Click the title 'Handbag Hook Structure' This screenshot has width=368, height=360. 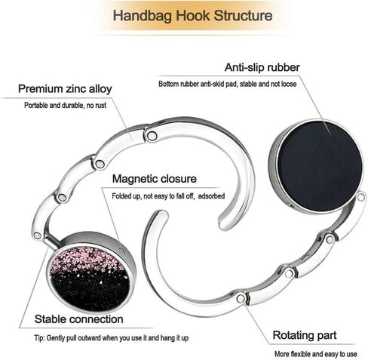(192, 15)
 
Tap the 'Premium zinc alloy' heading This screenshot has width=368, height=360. (65, 89)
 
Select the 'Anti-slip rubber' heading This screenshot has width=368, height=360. (262, 67)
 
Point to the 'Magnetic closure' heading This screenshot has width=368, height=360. (155, 179)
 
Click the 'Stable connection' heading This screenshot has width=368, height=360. (79, 319)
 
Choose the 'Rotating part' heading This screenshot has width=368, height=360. (305, 335)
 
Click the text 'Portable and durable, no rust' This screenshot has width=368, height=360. (65, 105)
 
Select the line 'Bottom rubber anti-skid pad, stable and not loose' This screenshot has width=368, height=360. (228, 84)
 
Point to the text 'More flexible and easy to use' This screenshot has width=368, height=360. (315, 354)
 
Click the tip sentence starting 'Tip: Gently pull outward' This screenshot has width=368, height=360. (112, 338)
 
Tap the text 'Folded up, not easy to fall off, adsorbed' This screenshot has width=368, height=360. (168, 196)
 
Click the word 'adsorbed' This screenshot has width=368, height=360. (211, 196)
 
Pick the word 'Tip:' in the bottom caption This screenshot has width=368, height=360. (39, 338)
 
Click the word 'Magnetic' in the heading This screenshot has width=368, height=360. (135, 179)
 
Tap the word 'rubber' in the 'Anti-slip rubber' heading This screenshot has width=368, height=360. (284, 67)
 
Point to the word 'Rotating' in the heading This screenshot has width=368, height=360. (293, 335)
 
